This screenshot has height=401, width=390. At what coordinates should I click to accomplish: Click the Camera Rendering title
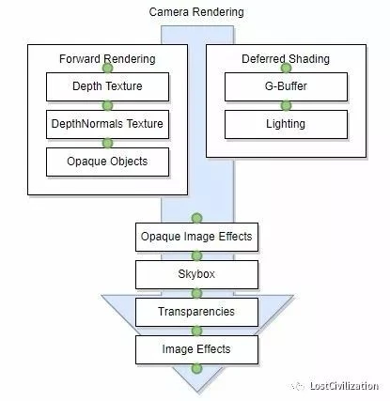point(196,12)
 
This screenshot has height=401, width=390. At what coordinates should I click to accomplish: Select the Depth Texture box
point(107,86)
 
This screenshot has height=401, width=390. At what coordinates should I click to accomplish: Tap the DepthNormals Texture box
point(107,124)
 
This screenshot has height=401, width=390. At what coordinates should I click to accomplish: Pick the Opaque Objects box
point(107,162)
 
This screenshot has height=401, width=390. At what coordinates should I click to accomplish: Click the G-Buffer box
point(286,86)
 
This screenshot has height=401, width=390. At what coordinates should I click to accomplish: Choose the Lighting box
point(286,124)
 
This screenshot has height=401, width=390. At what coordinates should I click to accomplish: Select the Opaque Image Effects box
point(196,237)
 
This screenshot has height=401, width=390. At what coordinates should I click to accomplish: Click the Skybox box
point(196,274)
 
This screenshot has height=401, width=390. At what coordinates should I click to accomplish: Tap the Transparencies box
point(196,312)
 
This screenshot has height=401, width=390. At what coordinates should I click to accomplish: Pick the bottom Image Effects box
point(196,349)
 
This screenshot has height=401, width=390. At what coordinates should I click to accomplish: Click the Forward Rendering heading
point(107,59)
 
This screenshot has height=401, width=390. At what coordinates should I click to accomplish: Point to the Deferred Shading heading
point(286,59)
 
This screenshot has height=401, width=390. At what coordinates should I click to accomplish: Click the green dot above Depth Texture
point(107,68)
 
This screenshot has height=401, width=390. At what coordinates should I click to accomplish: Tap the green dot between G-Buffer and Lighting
point(286,105)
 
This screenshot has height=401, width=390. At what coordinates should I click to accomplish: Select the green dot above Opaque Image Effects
point(196,218)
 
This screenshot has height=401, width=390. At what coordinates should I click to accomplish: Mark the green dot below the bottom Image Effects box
point(196,368)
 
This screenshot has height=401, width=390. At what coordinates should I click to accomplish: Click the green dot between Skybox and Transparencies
point(196,293)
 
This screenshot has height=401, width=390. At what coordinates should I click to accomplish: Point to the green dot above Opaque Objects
point(107,143)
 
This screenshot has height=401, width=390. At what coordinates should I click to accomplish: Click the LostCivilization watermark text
point(344,386)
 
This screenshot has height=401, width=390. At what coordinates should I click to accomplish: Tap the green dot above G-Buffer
point(286,68)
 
